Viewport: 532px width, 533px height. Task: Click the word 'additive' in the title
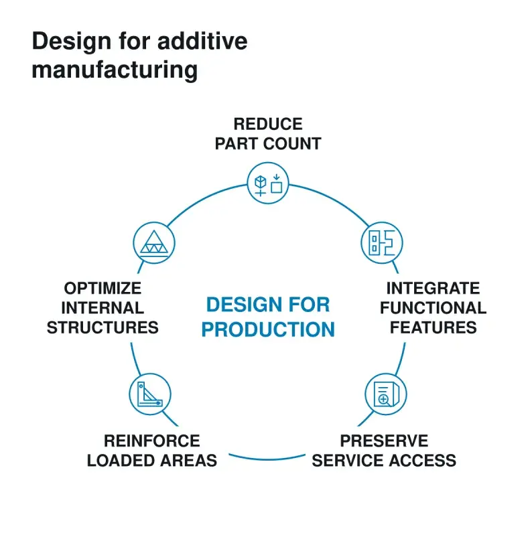click(x=202, y=41)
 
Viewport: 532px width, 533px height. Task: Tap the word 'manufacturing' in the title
click(x=115, y=70)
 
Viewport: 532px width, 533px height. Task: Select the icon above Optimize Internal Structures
click(x=154, y=242)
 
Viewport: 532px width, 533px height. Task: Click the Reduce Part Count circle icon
click(x=268, y=183)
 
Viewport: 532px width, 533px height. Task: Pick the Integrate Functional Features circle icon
click(x=382, y=242)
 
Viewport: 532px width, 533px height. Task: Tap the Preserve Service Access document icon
click(x=386, y=394)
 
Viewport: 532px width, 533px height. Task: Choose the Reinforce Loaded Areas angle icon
click(x=150, y=394)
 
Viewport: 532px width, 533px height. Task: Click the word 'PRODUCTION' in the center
click(x=268, y=329)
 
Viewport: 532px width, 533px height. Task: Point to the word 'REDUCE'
click(x=268, y=124)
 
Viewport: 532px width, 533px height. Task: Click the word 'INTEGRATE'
click(x=433, y=288)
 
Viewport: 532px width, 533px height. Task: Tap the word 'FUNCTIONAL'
click(x=433, y=308)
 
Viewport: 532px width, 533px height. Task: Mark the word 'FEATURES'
click(x=433, y=327)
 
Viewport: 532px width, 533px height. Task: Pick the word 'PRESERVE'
click(x=384, y=441)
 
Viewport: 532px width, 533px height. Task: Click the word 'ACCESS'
click(x=423, y=461)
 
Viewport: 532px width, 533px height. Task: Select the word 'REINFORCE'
click(x=151, y=441)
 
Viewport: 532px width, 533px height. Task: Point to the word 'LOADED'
click(x=121, y=461)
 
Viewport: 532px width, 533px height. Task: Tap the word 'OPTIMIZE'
click(x=103, y=288)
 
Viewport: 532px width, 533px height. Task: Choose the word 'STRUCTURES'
click(x=103, y=327)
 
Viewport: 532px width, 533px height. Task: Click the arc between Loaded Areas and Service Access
click(x=267, y=459)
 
